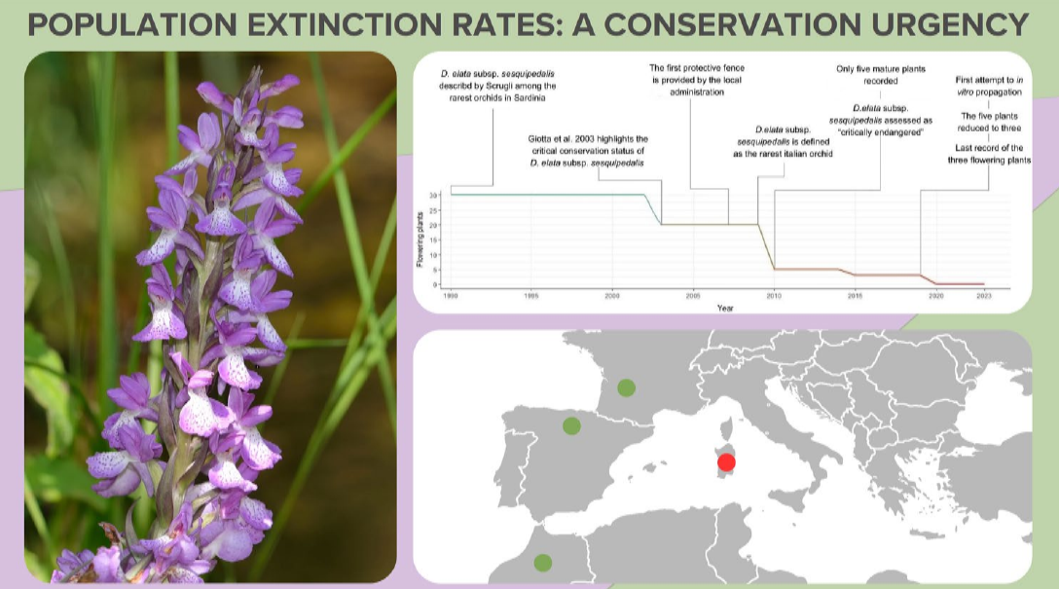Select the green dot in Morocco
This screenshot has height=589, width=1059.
click(543, 562)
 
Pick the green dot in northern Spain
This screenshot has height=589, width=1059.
click(571, 425)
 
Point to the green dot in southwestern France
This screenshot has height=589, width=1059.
click(626, 387)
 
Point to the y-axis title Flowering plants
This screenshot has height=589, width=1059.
click(421, 240)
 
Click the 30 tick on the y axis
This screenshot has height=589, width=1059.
click(436, 196)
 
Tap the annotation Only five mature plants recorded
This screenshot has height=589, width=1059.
click(880, 75)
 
